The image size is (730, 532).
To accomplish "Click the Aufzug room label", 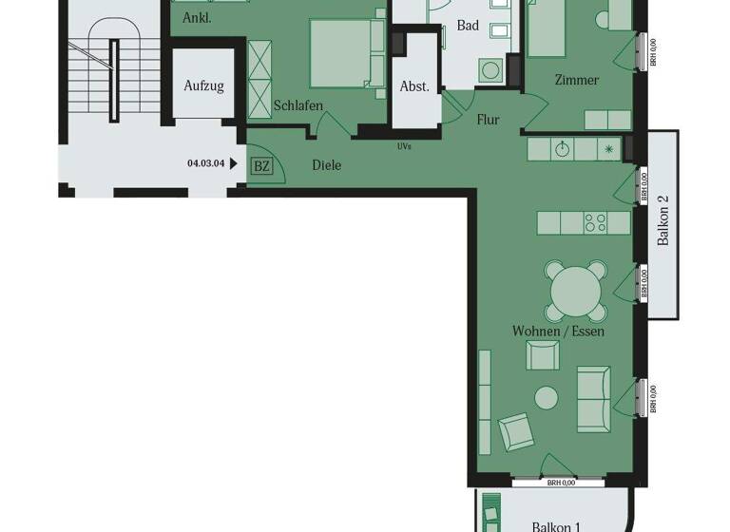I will tap(203, 86).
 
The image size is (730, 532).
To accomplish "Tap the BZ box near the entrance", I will tap(261, 166).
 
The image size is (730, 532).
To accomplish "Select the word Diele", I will tap(326, 165).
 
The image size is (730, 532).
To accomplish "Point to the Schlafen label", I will tap(298, 106).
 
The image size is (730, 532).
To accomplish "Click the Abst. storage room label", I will tap(414, 86).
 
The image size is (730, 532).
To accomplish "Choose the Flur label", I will tap(488, 121).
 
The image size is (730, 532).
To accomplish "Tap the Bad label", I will tap(468, 26).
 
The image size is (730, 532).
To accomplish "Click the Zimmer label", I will tap(577, 80).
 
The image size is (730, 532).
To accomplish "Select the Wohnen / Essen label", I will tap(558, 332).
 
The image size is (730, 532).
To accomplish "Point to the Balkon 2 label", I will tap(664, 226).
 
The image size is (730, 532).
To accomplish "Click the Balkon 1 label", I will tap(556, 525).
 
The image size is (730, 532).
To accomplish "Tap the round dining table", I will tap(575, 286).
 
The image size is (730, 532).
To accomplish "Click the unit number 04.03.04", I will tap(206, 162).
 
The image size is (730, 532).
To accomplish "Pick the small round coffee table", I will tap(547, 397).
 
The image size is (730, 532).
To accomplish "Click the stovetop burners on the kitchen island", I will tap(596, 223).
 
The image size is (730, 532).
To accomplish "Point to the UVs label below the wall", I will tap(405, 147).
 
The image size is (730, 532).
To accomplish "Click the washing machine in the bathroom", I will tap(491, 70).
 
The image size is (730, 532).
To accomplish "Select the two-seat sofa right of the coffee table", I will tap(594, 399).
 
